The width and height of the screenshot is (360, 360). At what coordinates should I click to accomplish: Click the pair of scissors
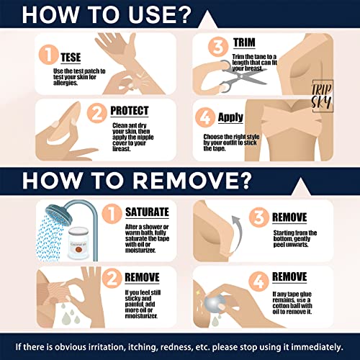tap(243, 76)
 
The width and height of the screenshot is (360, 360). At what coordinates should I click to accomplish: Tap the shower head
tap(58, 215)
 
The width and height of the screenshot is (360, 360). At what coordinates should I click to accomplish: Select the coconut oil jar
tap(78, 243)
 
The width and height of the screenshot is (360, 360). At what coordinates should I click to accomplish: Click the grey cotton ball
tap(215, 304)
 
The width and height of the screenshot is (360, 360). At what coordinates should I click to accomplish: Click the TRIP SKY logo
tap(323, 96)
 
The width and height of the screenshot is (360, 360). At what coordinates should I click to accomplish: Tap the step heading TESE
tap(71, 58)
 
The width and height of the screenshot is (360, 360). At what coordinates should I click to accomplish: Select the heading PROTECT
tap(130, 111)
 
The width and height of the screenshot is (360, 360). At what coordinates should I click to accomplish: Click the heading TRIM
tap(244, 42)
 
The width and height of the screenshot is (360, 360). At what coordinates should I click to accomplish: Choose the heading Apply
tap(230, 117)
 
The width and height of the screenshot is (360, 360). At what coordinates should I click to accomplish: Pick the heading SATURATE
tap(147, 212)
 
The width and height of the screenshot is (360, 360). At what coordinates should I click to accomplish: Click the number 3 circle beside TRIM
tap(218, 47)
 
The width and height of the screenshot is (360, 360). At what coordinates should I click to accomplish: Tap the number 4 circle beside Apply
tap(205, 117)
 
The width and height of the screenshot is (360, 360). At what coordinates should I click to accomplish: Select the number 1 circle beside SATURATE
tap(112, 214)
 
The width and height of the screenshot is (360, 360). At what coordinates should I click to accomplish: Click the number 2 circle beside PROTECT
tap(97, 113)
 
